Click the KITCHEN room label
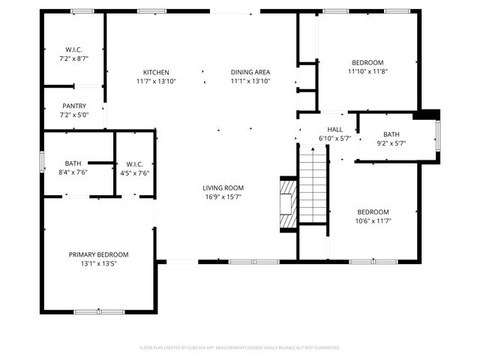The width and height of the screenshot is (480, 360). coord(156,72)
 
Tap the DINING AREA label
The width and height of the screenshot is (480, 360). coord(250,72)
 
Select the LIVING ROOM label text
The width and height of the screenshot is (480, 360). coord(223,187)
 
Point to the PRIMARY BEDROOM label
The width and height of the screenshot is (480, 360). coord(98,254)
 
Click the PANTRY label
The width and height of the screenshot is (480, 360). coord(73,106)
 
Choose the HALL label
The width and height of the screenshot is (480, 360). coord(334,130)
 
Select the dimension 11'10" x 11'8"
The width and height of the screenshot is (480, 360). coord(367,72)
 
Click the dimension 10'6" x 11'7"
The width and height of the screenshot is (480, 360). coord(373,220)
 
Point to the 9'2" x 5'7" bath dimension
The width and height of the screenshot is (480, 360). coord(391,143)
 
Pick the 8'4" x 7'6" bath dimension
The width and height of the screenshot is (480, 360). coord(73,172)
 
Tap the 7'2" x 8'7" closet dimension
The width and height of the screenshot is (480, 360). coord(73,58)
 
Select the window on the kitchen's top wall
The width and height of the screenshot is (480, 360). coord(151,11)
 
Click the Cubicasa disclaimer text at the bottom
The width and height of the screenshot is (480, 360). coord(240,348)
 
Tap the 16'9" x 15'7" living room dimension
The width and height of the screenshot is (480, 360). coord(223,196)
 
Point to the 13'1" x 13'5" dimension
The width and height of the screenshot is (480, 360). coord(98,263)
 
